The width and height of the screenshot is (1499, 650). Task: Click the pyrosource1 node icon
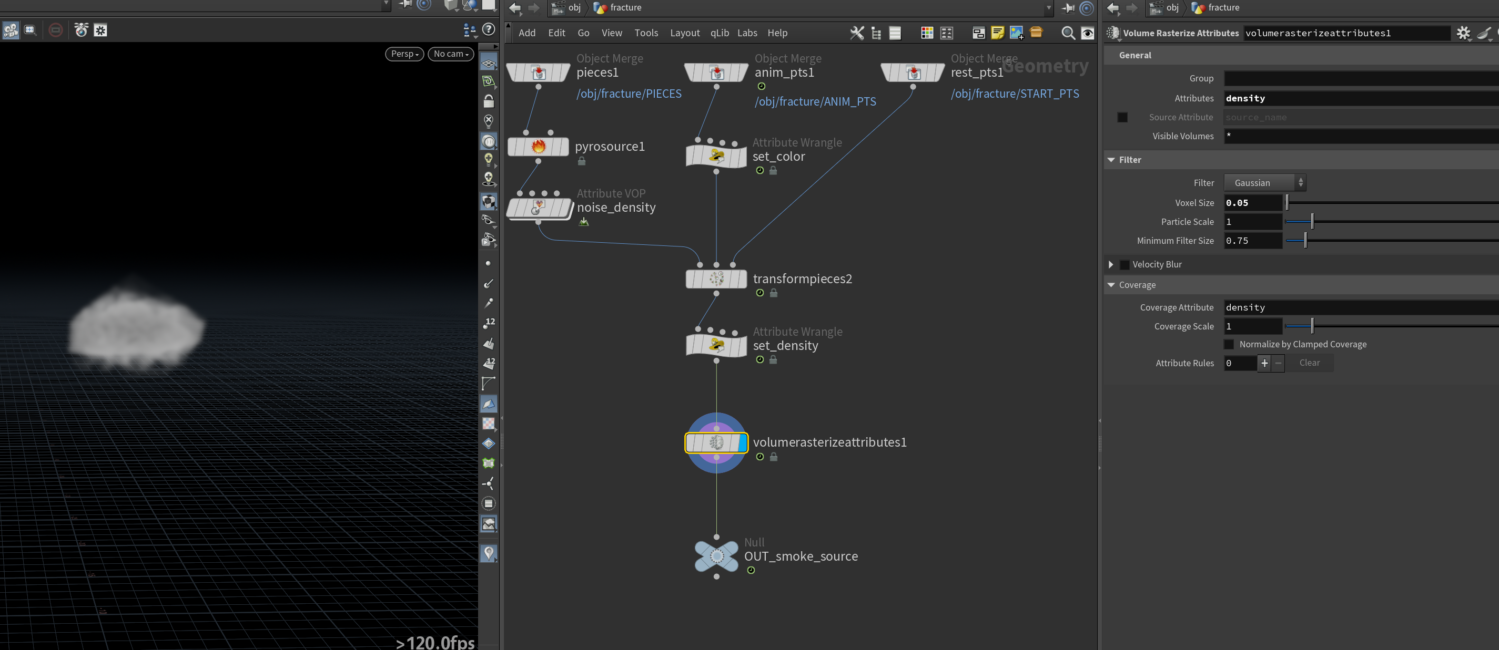tap(538, 147)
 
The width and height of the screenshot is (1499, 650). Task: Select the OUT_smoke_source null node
tap(716, 556)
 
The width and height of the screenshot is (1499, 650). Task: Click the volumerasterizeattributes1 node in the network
tap(716, 443)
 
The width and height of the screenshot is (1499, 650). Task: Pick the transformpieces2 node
tap(716, 279)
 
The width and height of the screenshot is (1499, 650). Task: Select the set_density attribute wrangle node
tap(716, 345)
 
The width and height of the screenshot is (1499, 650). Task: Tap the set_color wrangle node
tap(716, 157)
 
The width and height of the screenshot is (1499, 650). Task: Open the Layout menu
tap(684, 33)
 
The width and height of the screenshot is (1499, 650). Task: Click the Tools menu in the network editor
tap(646, 33)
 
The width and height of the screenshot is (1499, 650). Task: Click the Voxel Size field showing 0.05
tap(1253, 203)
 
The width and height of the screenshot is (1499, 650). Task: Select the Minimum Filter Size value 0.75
tap(1253, 241)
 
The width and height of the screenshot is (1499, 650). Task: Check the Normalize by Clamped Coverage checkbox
tap(1229, 345)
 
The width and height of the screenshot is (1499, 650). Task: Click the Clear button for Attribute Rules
tap(1309, 363)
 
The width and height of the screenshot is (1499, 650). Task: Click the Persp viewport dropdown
tap(404, 54)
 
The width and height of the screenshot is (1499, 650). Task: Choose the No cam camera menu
tap(451, 54)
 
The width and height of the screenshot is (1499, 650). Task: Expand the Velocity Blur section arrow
tap(1111, 264)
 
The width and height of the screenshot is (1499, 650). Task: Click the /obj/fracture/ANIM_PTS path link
tap(815, 102)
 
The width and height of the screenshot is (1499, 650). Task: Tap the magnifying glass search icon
tap(1068, 33)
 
